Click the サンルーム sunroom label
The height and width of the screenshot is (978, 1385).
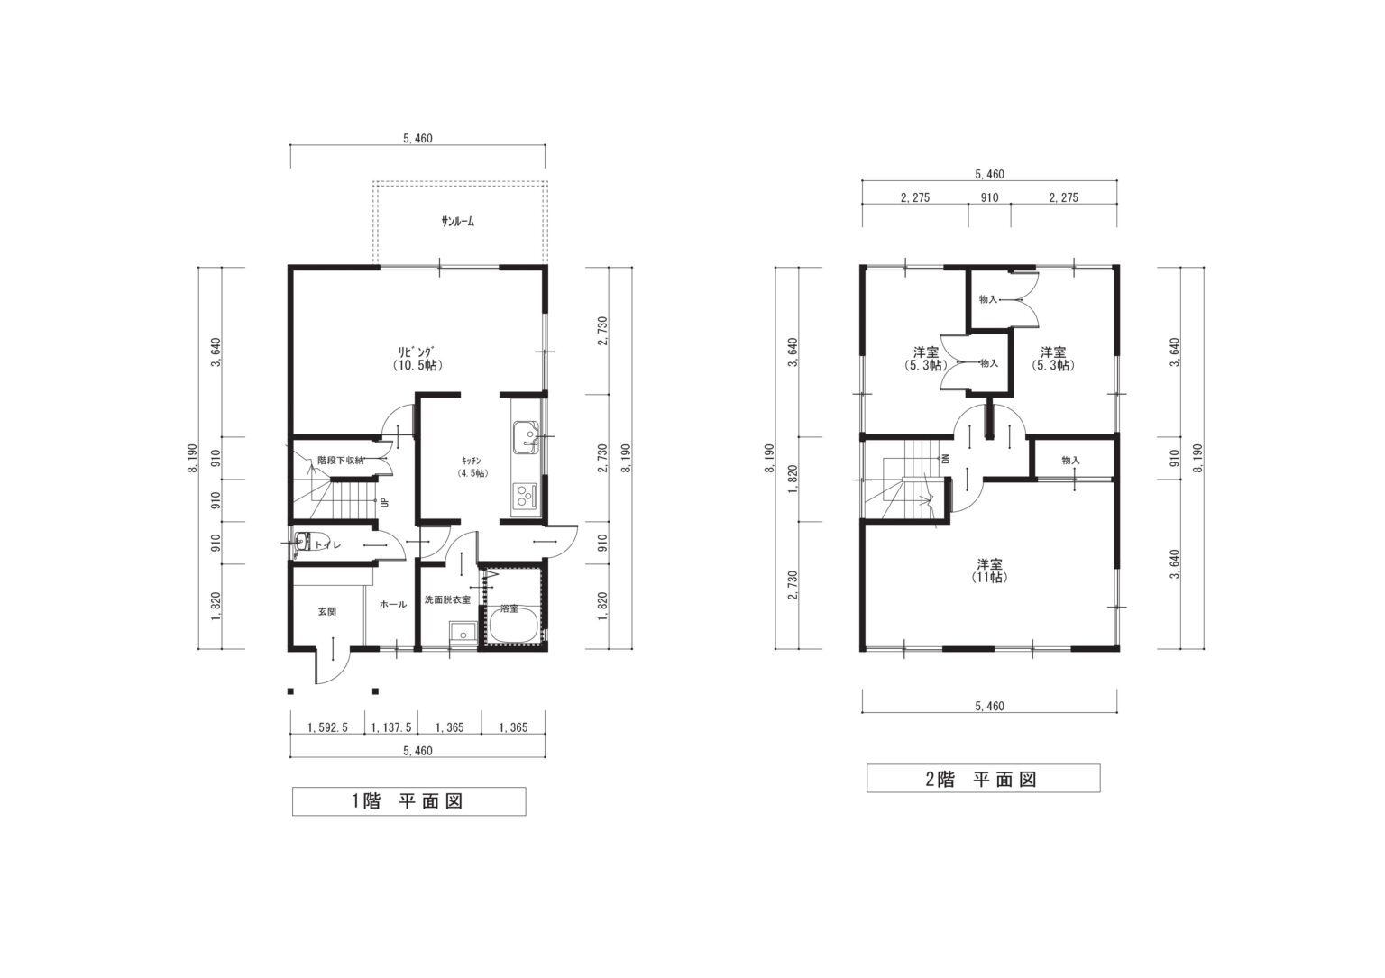pos(457,222)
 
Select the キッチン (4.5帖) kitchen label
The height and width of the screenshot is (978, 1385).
pos(472,467)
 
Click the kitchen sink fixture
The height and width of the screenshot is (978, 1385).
pos(527,436)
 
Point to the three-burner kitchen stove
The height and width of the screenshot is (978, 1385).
pos(527,495)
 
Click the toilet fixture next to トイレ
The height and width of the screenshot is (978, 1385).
pos(303,543)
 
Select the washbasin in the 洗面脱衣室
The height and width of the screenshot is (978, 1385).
pos(462,633)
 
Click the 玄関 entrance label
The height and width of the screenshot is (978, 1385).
pos(327,611)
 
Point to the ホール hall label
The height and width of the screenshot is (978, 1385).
pos(392,604)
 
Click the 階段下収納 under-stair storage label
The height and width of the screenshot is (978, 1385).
pos(340,460)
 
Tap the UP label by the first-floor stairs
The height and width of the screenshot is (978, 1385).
pos(384,503)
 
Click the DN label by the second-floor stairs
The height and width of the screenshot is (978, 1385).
pos(944,460)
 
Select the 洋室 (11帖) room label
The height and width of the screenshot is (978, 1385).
pos(989,571)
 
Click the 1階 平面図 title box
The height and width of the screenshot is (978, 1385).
pos(408,801)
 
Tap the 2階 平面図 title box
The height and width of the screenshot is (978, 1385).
pos(983,778)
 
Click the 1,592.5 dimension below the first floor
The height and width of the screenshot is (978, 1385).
pos(327,727)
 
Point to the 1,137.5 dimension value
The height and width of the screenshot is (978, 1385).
pos(391,727)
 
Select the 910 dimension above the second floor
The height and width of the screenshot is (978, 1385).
pos(989,197)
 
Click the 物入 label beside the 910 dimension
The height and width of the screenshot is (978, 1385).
pos(1070,460)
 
